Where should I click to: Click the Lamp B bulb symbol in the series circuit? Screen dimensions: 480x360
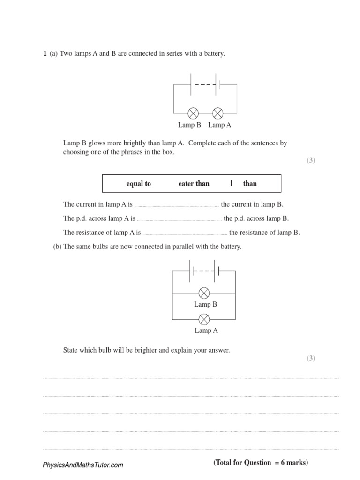click(193, 113)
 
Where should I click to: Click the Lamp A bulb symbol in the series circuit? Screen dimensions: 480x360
click(218, 113)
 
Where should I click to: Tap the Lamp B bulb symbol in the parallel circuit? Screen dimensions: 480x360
click(204, 293)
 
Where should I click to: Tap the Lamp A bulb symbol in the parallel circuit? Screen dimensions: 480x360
click(204, 320)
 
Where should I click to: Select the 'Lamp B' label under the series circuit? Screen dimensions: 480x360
click(189, 125)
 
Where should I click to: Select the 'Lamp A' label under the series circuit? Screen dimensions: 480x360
click(219, 125)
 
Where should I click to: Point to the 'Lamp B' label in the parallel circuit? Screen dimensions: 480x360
click(206, 304)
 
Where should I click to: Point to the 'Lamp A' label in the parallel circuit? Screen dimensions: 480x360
click(206, 330)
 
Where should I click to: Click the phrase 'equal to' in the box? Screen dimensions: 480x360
click(139, 184)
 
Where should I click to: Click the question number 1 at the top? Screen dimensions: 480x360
click(45, 54)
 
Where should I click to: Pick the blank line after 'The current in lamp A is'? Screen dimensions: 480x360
click(176, 205)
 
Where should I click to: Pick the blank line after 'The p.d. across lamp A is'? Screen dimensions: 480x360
click(179, 219)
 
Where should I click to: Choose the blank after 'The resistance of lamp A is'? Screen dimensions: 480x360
click(185, 233)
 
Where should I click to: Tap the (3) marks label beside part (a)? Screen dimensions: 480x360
click(311, 160)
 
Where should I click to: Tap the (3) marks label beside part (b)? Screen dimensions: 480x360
click(311, 359)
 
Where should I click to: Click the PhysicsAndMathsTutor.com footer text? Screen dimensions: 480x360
click(83, 465)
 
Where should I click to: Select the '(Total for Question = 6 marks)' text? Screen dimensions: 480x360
click(261, 463)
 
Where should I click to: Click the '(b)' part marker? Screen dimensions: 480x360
click(57, 247)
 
